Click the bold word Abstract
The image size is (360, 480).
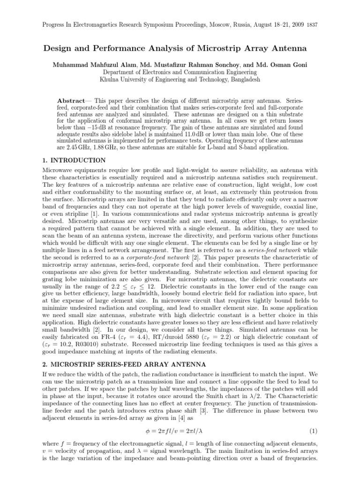click(x=71, y=101)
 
